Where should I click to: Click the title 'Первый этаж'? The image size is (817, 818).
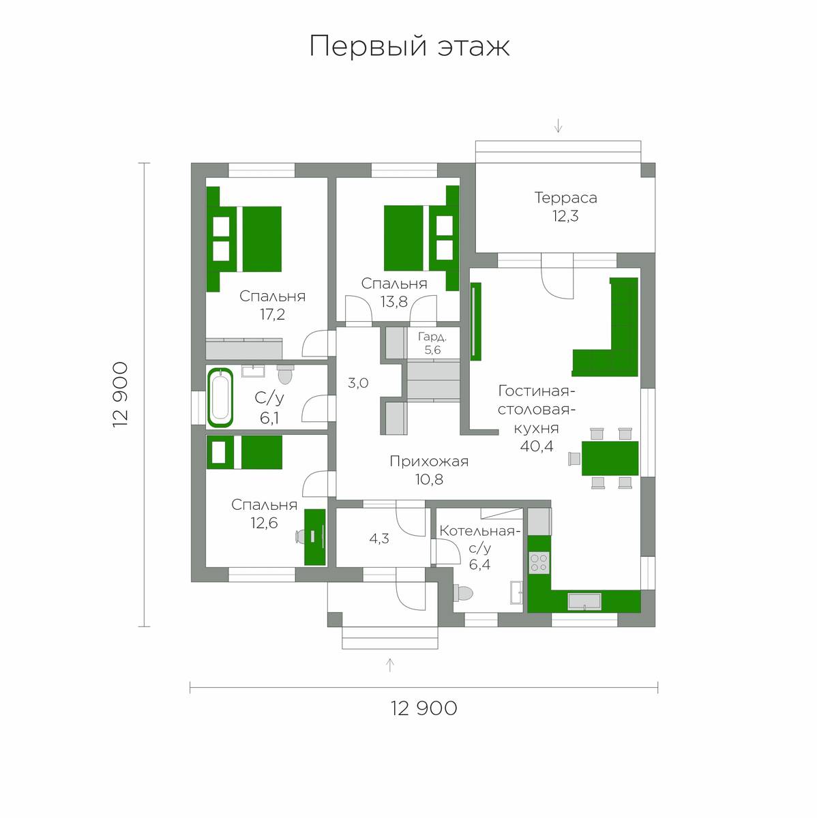pos(409,46)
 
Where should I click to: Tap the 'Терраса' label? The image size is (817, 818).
pos(565,198)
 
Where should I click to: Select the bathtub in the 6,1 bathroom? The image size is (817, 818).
pos(220,397)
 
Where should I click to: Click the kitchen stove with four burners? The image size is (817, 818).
pos(539,562)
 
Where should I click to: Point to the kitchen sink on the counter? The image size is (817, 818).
pos(584,602)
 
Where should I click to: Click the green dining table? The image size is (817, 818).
pos(610,459)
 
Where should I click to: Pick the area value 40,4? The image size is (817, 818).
pos(537,446)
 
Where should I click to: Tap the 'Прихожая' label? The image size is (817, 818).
pos(429,461)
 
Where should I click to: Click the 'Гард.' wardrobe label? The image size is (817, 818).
pos(432,337)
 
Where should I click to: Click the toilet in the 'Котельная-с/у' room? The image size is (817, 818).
pos(462,592)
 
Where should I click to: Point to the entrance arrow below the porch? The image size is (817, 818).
pos(390,665)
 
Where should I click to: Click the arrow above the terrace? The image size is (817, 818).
pos(559,125)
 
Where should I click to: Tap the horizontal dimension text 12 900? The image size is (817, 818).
pos(424,708)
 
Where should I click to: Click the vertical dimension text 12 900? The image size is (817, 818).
pos(120,395)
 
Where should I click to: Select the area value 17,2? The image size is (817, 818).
pos(272,314)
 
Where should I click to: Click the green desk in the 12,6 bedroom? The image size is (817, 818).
pos(315,537)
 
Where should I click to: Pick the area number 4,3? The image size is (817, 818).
pos(378,539)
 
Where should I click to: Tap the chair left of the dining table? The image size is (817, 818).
pos(574,459)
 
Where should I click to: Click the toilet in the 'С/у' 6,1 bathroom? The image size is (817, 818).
pos(284,374)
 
